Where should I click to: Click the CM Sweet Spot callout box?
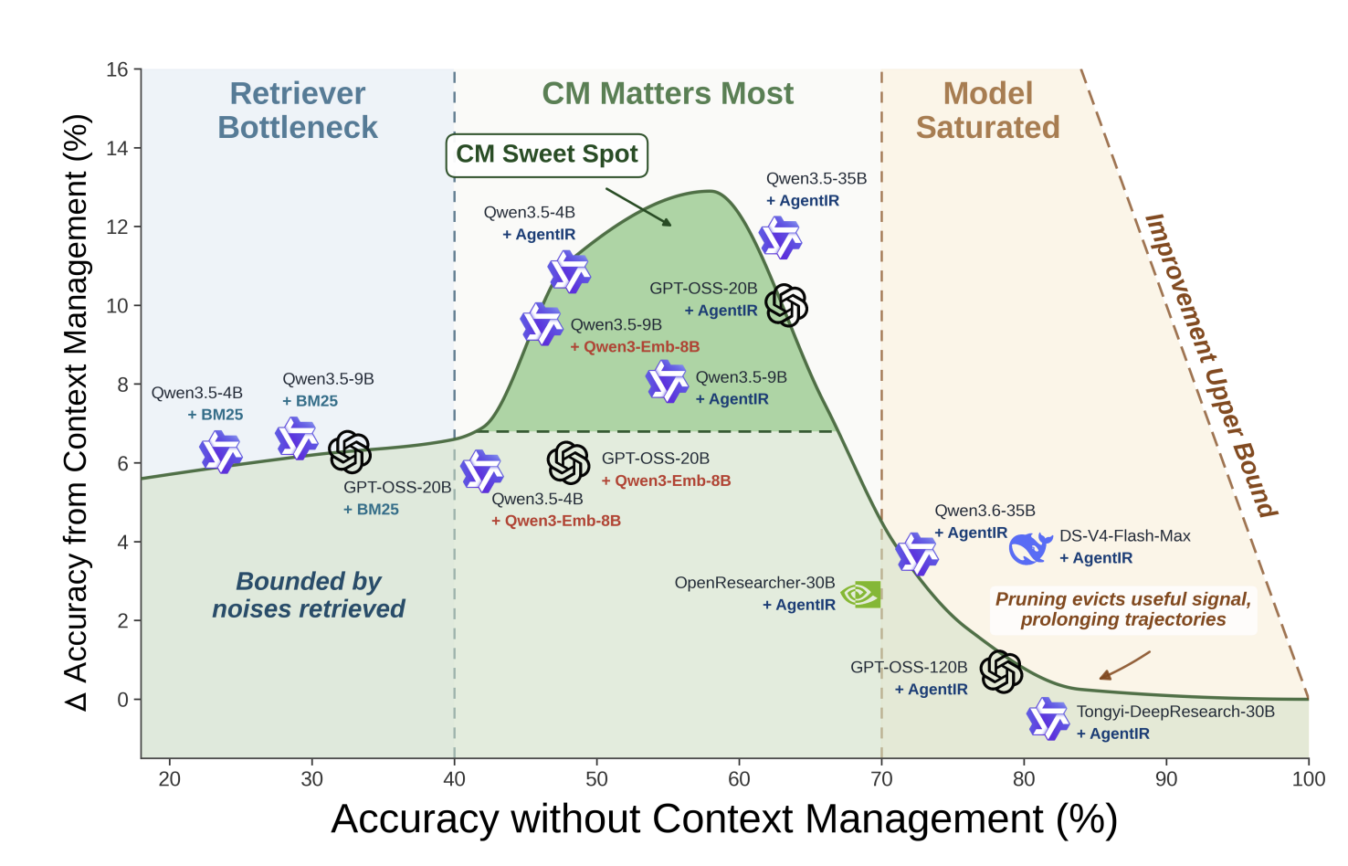click(546, 155)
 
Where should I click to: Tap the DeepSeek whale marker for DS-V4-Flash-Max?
click(1030, 548)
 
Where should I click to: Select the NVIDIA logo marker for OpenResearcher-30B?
click(861, 594)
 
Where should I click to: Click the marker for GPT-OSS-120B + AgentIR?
click(1001, 671)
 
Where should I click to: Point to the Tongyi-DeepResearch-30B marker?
click(1048, 719)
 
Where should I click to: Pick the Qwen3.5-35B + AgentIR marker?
click(781, 238)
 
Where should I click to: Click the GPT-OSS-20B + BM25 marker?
click(350, 452)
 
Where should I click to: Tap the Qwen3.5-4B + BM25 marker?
click(221, 452)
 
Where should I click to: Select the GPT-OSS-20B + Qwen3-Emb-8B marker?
click(568, 462)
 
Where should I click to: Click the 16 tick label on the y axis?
click(117, 69)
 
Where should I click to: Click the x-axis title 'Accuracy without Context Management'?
click(724, 819)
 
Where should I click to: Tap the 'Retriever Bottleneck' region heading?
click(298, 111)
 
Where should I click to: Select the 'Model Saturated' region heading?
click(987, 111)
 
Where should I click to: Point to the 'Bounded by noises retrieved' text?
click(309, 596)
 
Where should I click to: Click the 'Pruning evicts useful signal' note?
click(1123, 609)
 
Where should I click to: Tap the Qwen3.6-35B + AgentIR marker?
click(917, 554)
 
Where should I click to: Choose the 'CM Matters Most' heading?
click(668, 93)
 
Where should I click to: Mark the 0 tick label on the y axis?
click(122, 700)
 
